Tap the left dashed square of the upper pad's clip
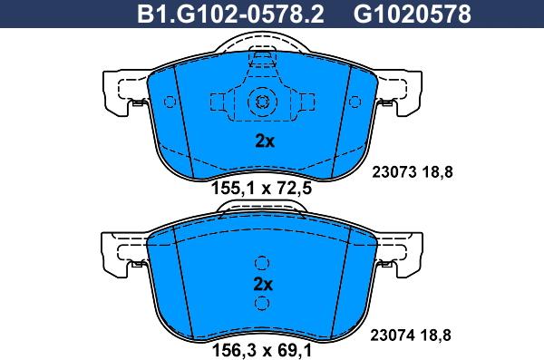(220, 101)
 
